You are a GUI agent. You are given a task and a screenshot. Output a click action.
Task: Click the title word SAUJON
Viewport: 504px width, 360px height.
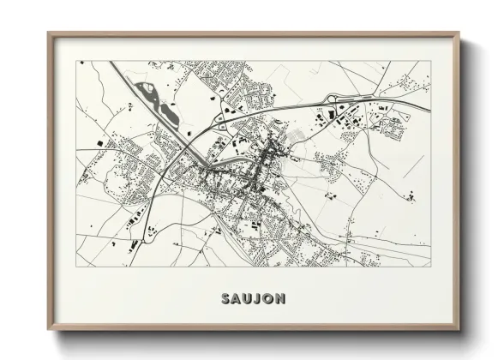[253, 298]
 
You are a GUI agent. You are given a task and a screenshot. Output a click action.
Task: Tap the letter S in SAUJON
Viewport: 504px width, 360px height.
[225, 298]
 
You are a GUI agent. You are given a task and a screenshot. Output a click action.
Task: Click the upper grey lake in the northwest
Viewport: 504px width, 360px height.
[147, 88]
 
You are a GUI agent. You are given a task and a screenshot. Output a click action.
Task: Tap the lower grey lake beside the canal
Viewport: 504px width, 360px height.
[171, 111]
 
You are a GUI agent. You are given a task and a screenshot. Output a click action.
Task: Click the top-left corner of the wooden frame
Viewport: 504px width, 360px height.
[49, 33]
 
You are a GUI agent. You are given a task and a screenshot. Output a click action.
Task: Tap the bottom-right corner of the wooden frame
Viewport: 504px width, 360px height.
[459, 331]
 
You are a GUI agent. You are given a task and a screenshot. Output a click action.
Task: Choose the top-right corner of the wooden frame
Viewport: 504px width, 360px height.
[459, 33]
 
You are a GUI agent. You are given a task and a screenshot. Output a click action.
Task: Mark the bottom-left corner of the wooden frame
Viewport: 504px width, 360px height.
[49, 331]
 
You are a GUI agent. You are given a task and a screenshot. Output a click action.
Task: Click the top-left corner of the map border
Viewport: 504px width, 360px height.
[76, 61]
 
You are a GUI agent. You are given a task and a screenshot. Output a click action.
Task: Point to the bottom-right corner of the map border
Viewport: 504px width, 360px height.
[430, 266]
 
